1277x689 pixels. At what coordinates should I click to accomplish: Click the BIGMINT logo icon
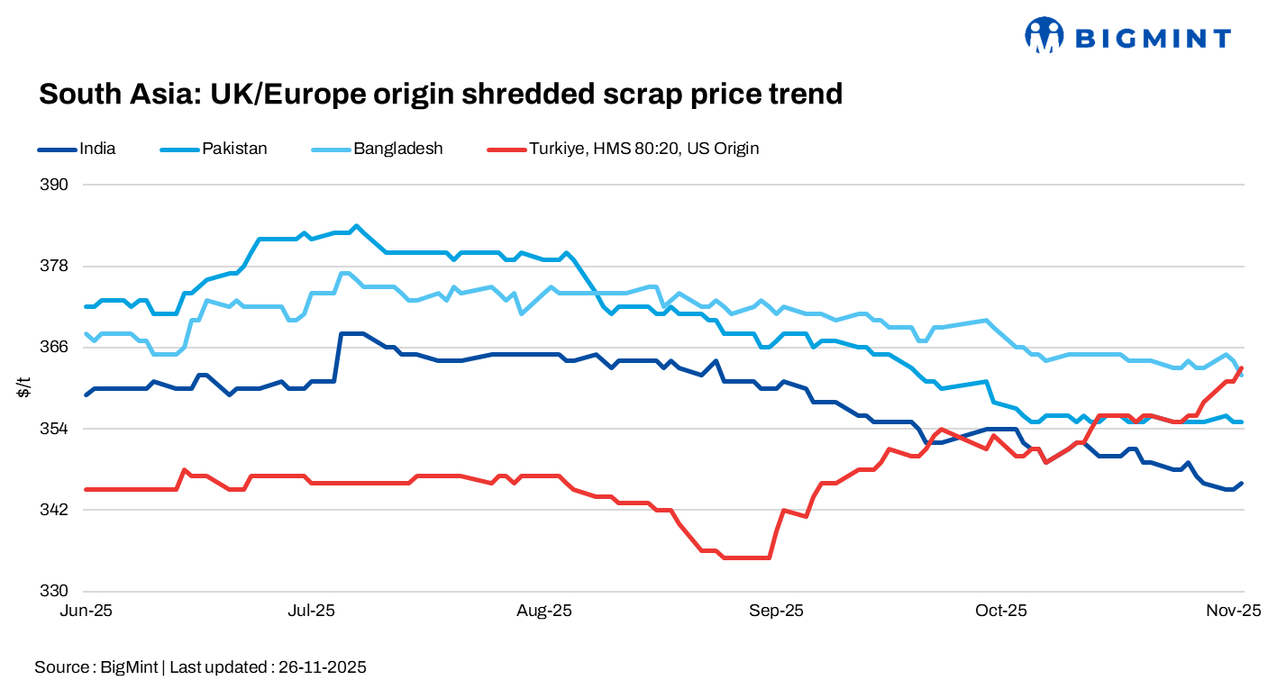(1044, 36)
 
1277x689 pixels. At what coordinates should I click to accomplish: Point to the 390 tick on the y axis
(56, 185)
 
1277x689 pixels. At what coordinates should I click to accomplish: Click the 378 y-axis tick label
(56, 266)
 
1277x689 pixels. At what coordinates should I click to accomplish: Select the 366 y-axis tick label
(56, 347)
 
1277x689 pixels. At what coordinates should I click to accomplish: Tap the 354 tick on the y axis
(56, 429)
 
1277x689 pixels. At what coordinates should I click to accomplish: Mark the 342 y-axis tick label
(56, 510)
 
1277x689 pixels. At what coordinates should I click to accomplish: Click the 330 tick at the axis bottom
(56, 591)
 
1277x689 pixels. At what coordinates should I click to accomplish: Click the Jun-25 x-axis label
(87, 611)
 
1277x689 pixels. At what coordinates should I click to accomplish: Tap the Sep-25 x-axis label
(777, 611)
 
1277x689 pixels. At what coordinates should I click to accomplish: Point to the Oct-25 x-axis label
(1001, 611)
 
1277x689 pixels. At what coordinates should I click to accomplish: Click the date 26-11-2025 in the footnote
(322, 667)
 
